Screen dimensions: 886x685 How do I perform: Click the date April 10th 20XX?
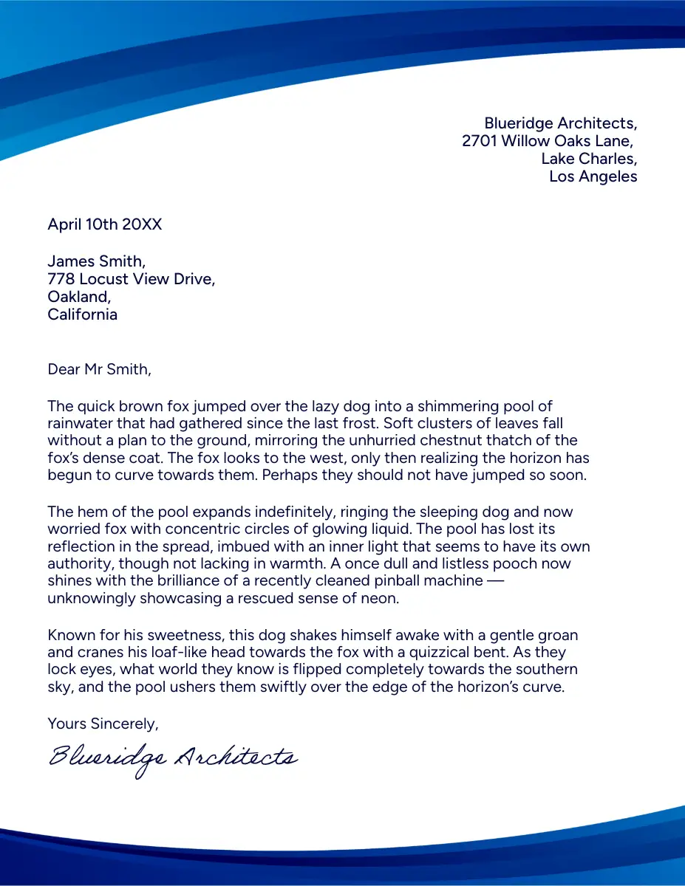click(104, 224)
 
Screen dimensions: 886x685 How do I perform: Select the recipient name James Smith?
click(96, 261)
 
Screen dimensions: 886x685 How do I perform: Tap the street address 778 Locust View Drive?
click(131, 279)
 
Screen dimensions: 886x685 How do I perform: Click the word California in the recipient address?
click(82, 315)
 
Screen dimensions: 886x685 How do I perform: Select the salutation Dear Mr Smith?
click(99, 369)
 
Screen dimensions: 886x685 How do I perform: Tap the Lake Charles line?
click(588, 159)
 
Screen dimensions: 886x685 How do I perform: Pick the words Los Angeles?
click(593, 176)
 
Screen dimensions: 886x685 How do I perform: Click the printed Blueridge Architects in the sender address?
click(560, 123)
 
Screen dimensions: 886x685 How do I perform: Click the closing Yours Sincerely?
click(103, 724)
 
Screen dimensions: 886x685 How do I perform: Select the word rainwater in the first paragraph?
click(81, 424)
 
